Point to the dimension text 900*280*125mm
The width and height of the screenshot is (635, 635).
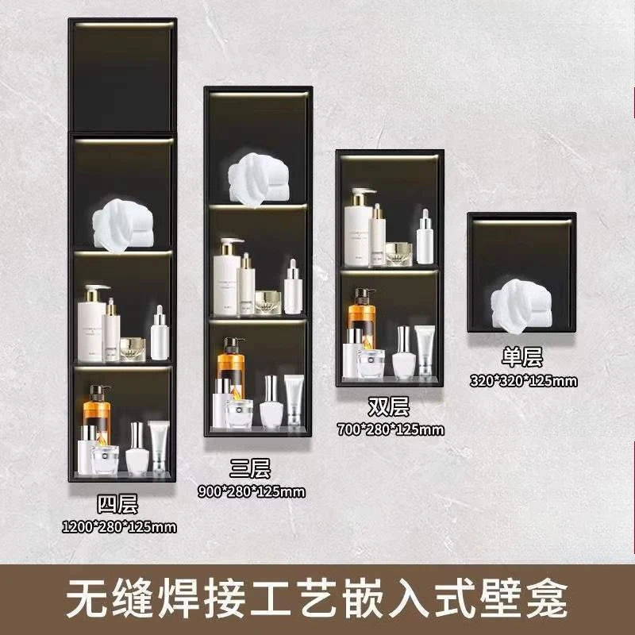(x=251, y=491)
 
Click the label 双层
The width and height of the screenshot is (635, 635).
(x=388, y=408)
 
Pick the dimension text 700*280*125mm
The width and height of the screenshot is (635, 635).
(x=390, y=429)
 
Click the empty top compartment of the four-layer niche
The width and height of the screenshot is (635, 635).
(x=120, y=79)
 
